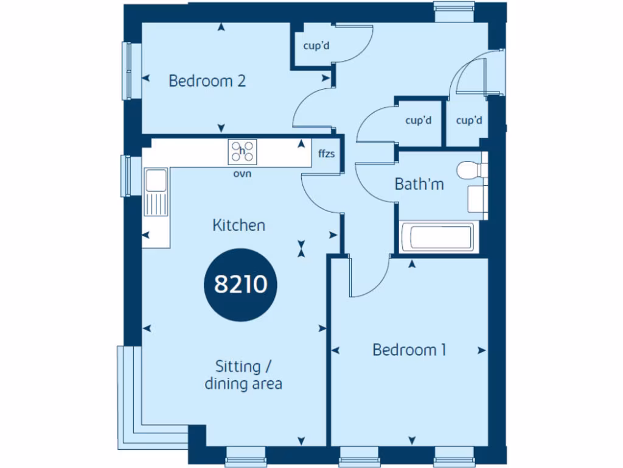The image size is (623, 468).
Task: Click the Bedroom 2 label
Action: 207,80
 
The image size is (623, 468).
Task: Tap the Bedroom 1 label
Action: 409,350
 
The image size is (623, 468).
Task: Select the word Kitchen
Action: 238,225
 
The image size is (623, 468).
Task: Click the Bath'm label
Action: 419,184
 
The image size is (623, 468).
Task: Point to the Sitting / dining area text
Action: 243,375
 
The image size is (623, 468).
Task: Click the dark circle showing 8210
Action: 241,284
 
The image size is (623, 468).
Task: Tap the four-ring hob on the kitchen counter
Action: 242,152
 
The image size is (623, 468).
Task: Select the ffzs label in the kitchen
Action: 327,154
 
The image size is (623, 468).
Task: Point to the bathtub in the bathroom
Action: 436,236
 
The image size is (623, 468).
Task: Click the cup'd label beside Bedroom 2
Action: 316,45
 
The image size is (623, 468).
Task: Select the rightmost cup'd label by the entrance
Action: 468,121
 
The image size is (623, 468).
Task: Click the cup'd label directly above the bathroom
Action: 418,121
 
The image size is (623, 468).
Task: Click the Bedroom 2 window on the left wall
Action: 127,70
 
